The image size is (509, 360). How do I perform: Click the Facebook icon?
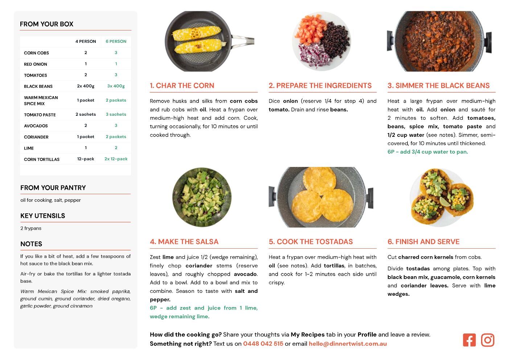(x=469, y=340)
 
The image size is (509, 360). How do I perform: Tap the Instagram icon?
(x=488, y=340)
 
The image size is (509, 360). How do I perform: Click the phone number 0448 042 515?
(x=263, y=344)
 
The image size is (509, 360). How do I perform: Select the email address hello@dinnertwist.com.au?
(x=348, y=344)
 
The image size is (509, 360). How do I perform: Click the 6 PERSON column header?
(x=116, y=41)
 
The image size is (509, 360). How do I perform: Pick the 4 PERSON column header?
(x=86, y=41)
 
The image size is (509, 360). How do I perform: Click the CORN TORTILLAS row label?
(x=42, y=159)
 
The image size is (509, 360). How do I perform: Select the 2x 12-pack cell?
(x=116, y=159)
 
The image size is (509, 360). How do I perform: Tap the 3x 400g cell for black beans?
(x=116, y=86)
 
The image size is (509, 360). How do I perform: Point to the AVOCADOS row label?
(x=36, y=126)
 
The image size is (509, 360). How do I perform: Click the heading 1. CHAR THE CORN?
(x=182, y=85)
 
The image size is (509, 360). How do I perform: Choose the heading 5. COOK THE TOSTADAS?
(x=311, y=242)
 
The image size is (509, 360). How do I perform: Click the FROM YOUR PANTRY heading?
(x=53, y=188)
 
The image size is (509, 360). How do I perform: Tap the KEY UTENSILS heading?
(x=43, y=216)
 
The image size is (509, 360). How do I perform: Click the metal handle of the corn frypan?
(x=243, y=40)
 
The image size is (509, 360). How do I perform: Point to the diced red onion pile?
(x=313, y=55)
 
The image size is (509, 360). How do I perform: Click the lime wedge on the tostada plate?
(x=445, y=201)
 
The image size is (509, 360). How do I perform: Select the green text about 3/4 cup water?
(x=428, y=152)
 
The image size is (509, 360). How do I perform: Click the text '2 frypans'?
(x=31, y=228)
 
